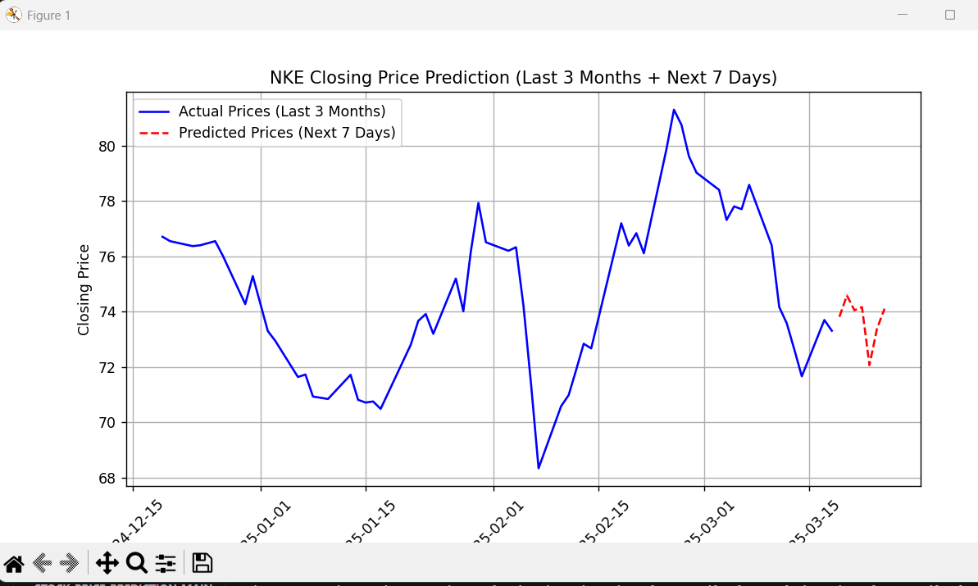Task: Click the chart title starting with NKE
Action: click(x=523, y=78)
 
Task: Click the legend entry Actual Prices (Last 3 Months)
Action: click(x=282, y=111)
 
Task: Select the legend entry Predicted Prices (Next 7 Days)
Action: click(x=287, y=133)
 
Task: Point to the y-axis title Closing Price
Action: click(x=84, y=289)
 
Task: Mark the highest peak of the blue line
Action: click(x=674, y=110)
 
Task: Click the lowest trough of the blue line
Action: click(x=539, y=468)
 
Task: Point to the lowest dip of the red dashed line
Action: click(x=870, y=366)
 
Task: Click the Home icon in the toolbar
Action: click(x=14, y=563)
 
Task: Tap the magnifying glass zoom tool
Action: click(x=136, y=563)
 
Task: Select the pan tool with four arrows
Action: click(x=107, y=563)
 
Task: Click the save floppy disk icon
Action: click(x=202, y=563)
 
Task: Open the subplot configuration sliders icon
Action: click(x=166, y=563)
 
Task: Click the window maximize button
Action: click(x=950, y=15)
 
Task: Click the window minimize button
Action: click(x=903, y=15)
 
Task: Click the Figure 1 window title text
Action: click(x=48, y=16)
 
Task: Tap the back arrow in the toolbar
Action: click(x=42, y=563)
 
